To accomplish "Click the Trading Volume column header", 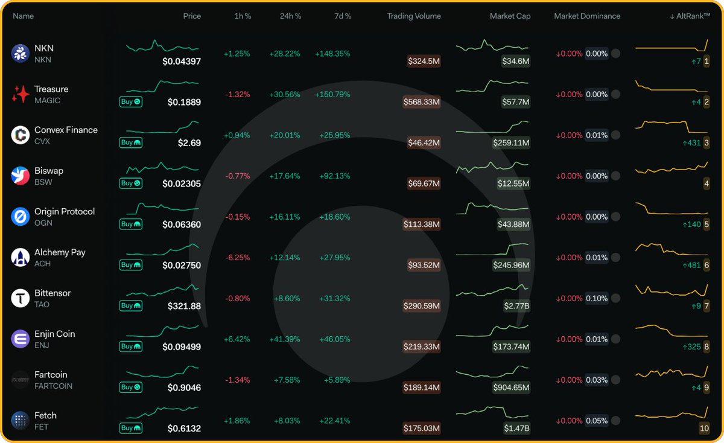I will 413,16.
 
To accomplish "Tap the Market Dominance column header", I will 586,16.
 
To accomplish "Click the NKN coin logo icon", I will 21,54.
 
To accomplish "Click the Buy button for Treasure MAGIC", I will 130,102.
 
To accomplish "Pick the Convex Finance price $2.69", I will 189,143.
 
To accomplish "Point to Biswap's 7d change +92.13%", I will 332,176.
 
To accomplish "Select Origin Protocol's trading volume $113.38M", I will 422,225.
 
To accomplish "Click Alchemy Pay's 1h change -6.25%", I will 237,258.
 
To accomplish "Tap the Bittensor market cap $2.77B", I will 516,306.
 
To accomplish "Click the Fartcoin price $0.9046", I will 184,387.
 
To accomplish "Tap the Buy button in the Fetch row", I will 130,428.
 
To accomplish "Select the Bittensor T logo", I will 21,298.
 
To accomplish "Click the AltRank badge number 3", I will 706,143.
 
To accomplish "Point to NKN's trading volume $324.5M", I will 424,61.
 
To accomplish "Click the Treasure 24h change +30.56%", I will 284,95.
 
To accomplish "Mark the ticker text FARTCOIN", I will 53,386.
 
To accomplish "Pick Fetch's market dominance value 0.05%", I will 597,421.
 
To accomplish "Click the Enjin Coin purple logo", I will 21,339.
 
